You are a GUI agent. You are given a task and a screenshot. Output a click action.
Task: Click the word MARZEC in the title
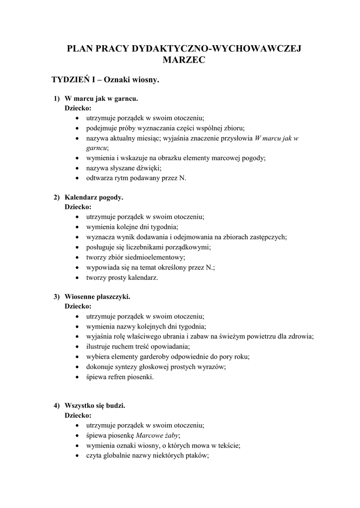(184, 60)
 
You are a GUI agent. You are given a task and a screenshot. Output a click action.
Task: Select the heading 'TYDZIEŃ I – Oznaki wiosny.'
(105, 79)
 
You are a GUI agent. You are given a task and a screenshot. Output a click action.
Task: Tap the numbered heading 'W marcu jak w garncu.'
(98, 98)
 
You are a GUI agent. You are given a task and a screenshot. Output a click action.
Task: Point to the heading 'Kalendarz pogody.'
(94, 197)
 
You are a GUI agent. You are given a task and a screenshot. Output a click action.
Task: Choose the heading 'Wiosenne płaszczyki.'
(97, 296)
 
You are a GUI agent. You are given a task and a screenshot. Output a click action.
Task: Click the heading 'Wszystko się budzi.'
(95, 405)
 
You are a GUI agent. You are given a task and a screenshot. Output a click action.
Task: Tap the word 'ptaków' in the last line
(195, 456)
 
